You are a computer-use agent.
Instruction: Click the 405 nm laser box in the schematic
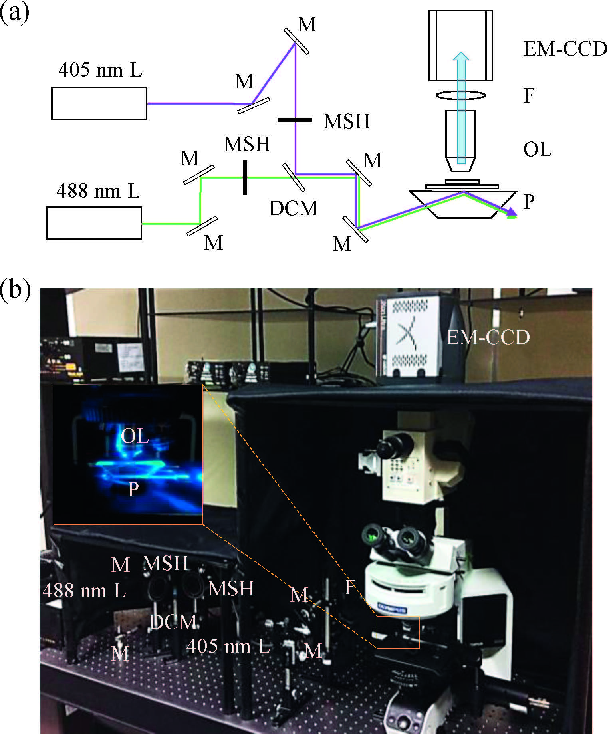pyautogui.click(x=99, y=103)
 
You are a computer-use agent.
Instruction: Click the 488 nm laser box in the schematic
pyautogui.click(x=94, y=223)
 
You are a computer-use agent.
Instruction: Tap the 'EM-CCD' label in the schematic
pyautogui.click(x=565, y=50)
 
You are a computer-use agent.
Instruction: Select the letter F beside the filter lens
pyautogui.click(x=528, y=96)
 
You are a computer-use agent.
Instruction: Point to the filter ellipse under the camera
pyautogui.click(x=460, y=95)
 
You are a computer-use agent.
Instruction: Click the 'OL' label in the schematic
pyautogui.click(x=537, y=150)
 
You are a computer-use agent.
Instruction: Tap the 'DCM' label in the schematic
pyautogui.click(x=294, y=208)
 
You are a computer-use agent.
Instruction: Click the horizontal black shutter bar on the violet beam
pyautogui.click(x=295, y=120)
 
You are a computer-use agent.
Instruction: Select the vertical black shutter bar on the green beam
pyautogui.click(x=245, y=177)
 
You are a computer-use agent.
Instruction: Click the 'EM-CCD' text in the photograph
pyautogui.click(x=488, y=338)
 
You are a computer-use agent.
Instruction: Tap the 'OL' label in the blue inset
pyautogui.click(x=135, y=436)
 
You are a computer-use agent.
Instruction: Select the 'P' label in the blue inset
pyautogui.click(x=133, y=488)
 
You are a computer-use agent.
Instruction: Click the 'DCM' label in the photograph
pyautogui.click(x=173, y=622)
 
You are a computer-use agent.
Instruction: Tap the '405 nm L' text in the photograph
pyautogui.click(x=228, y=646)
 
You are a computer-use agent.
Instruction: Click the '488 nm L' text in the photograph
pyautogui.click(x=84, y=590)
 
